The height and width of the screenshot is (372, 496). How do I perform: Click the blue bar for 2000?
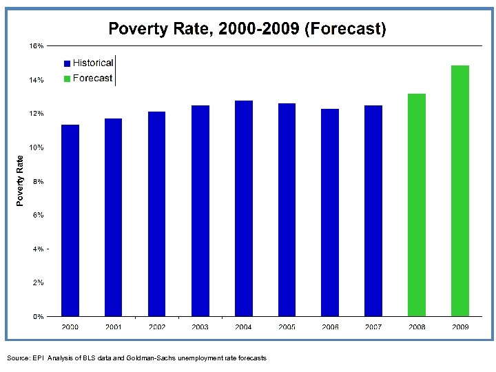point(70,220)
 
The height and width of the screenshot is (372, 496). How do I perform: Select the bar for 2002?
point(157,214)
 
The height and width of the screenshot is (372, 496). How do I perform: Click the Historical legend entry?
point(93,63)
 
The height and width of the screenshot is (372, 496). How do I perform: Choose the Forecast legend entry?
point(92,78)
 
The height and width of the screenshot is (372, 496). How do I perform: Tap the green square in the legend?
point(67,79)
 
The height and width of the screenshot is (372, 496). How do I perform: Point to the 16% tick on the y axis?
point(36,45)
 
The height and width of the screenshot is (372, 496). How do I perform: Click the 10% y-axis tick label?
point(36,147)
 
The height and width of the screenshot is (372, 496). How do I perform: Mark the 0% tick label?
point(38,317)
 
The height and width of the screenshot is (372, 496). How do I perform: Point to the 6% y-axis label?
point(38,215)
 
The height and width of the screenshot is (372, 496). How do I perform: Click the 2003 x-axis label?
point(200,327)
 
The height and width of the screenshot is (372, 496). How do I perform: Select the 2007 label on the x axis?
point(373,327)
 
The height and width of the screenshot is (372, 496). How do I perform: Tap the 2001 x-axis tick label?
point(114,327)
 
